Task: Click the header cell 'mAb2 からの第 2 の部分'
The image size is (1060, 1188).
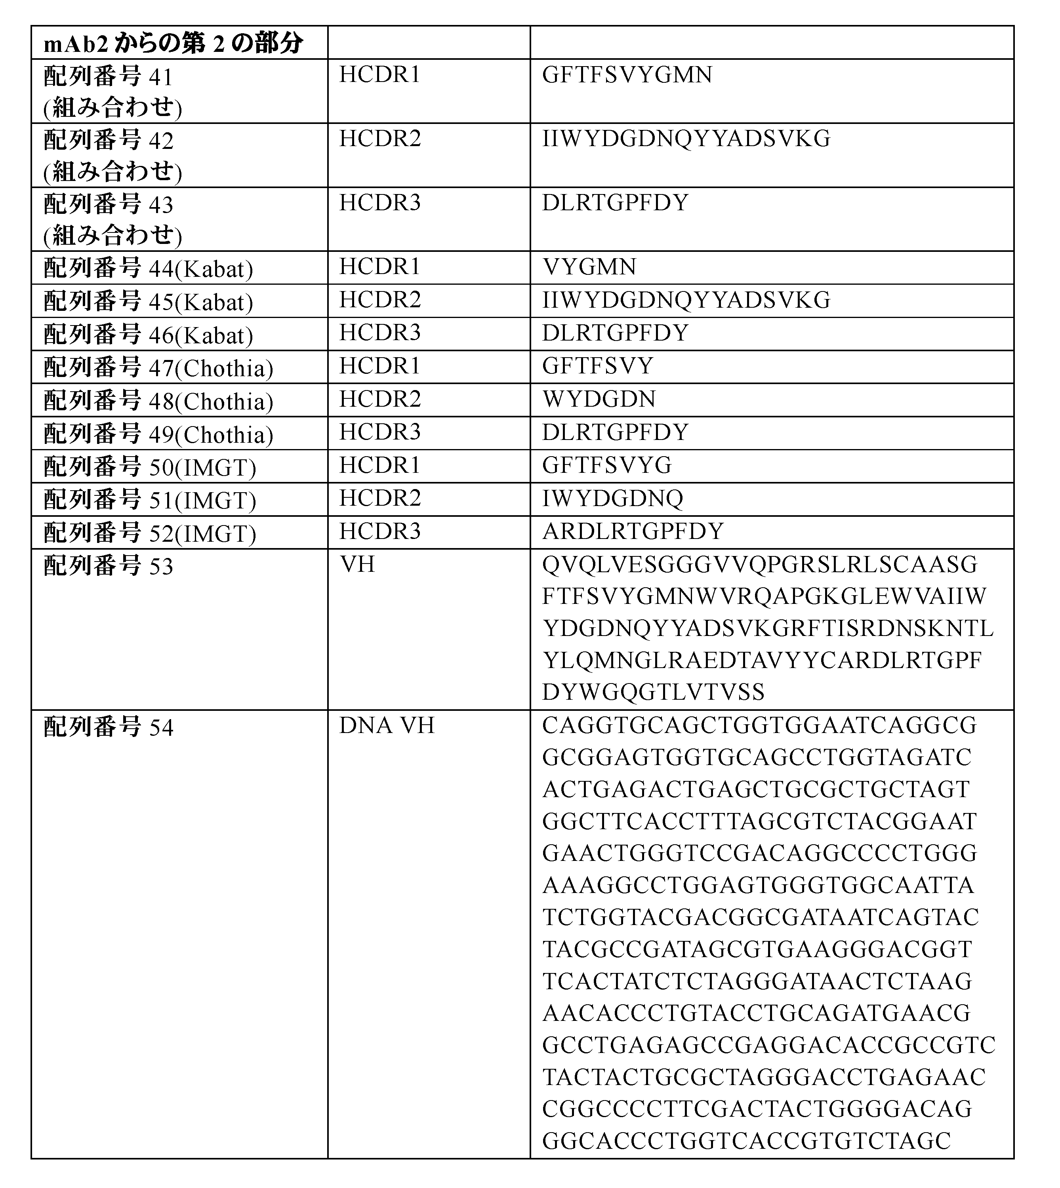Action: pos(173,44)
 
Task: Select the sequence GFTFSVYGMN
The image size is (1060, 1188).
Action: pos(627,75)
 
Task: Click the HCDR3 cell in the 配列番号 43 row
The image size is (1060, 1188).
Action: pos(380,203)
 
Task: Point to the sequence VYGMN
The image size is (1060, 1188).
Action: pos(589,267)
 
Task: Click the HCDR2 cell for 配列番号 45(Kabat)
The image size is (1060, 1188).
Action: pos(380,300)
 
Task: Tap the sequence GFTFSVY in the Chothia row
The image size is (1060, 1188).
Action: pos(598,366)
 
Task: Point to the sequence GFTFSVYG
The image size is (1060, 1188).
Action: pos(607,465)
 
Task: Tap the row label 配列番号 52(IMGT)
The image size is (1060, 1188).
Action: pos(150,533)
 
